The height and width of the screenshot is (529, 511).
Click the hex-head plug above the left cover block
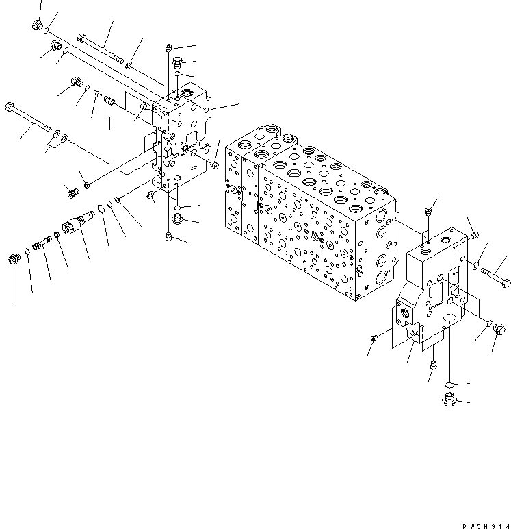pos(177,61)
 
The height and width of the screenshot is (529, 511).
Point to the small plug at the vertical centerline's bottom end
pos(168,236)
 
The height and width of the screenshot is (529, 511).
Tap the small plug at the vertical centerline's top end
pos(168,47)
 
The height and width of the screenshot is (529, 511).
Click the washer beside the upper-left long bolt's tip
pos(129,64)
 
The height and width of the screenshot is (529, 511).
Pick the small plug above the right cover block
pos(428,211)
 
